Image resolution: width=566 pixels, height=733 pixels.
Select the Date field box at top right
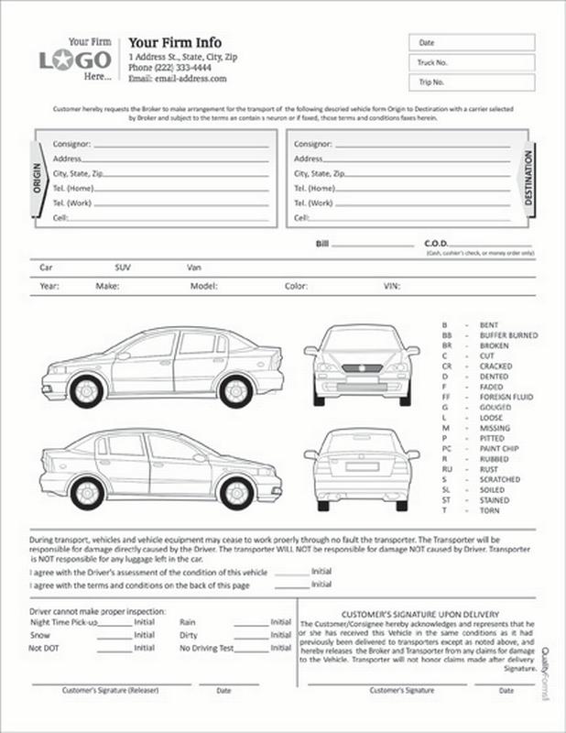click(471, 43)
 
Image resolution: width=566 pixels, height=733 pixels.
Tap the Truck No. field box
click(471, 62)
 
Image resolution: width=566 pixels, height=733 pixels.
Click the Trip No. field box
click(471, 82)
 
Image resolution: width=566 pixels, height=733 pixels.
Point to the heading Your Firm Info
click(175, 42)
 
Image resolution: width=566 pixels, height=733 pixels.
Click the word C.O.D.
click(435, 244)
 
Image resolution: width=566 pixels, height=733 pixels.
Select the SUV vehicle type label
click(123, 268)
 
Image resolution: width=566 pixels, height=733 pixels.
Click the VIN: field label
click(391, 286)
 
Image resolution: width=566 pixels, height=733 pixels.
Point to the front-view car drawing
click(362, 364)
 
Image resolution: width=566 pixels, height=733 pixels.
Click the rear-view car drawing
click(362, 466)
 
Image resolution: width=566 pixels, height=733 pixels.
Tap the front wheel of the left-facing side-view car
click(86, 391)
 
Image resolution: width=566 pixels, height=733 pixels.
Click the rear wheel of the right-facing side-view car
click(87, 493)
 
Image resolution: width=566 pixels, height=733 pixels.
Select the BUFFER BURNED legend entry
click(508, 336)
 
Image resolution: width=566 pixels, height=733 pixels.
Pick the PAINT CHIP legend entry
click(499, 449)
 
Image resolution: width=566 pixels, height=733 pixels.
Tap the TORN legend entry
click(489, 510)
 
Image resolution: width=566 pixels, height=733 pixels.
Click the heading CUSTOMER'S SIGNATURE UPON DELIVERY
click(419, 613)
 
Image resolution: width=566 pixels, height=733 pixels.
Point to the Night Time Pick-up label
click(63, 621)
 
